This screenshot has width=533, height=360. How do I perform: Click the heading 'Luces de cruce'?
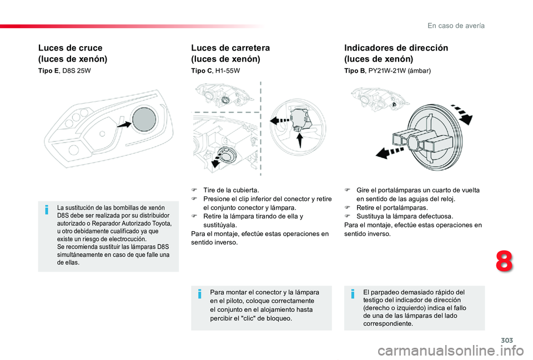71,48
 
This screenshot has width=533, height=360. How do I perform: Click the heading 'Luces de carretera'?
230,48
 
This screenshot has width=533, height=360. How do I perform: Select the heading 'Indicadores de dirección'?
396,48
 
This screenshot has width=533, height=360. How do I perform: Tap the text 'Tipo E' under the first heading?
48,70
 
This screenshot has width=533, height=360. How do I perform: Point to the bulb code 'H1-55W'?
228,70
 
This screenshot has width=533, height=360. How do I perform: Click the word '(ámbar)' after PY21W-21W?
419,71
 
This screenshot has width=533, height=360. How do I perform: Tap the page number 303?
507,340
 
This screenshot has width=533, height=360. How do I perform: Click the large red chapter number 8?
504,261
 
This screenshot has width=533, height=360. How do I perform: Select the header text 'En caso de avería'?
456,26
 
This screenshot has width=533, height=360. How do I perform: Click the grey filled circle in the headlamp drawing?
144,119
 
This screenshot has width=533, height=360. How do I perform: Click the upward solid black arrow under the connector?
300,140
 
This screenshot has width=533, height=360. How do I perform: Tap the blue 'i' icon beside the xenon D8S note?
47,210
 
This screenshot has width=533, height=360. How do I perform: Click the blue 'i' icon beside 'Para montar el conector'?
200,294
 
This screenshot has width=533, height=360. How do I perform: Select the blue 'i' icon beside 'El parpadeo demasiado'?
353,294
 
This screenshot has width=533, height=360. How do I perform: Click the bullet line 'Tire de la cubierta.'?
231,190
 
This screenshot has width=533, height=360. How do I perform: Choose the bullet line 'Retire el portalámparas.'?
392,207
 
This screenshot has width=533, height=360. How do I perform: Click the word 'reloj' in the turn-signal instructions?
447,199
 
